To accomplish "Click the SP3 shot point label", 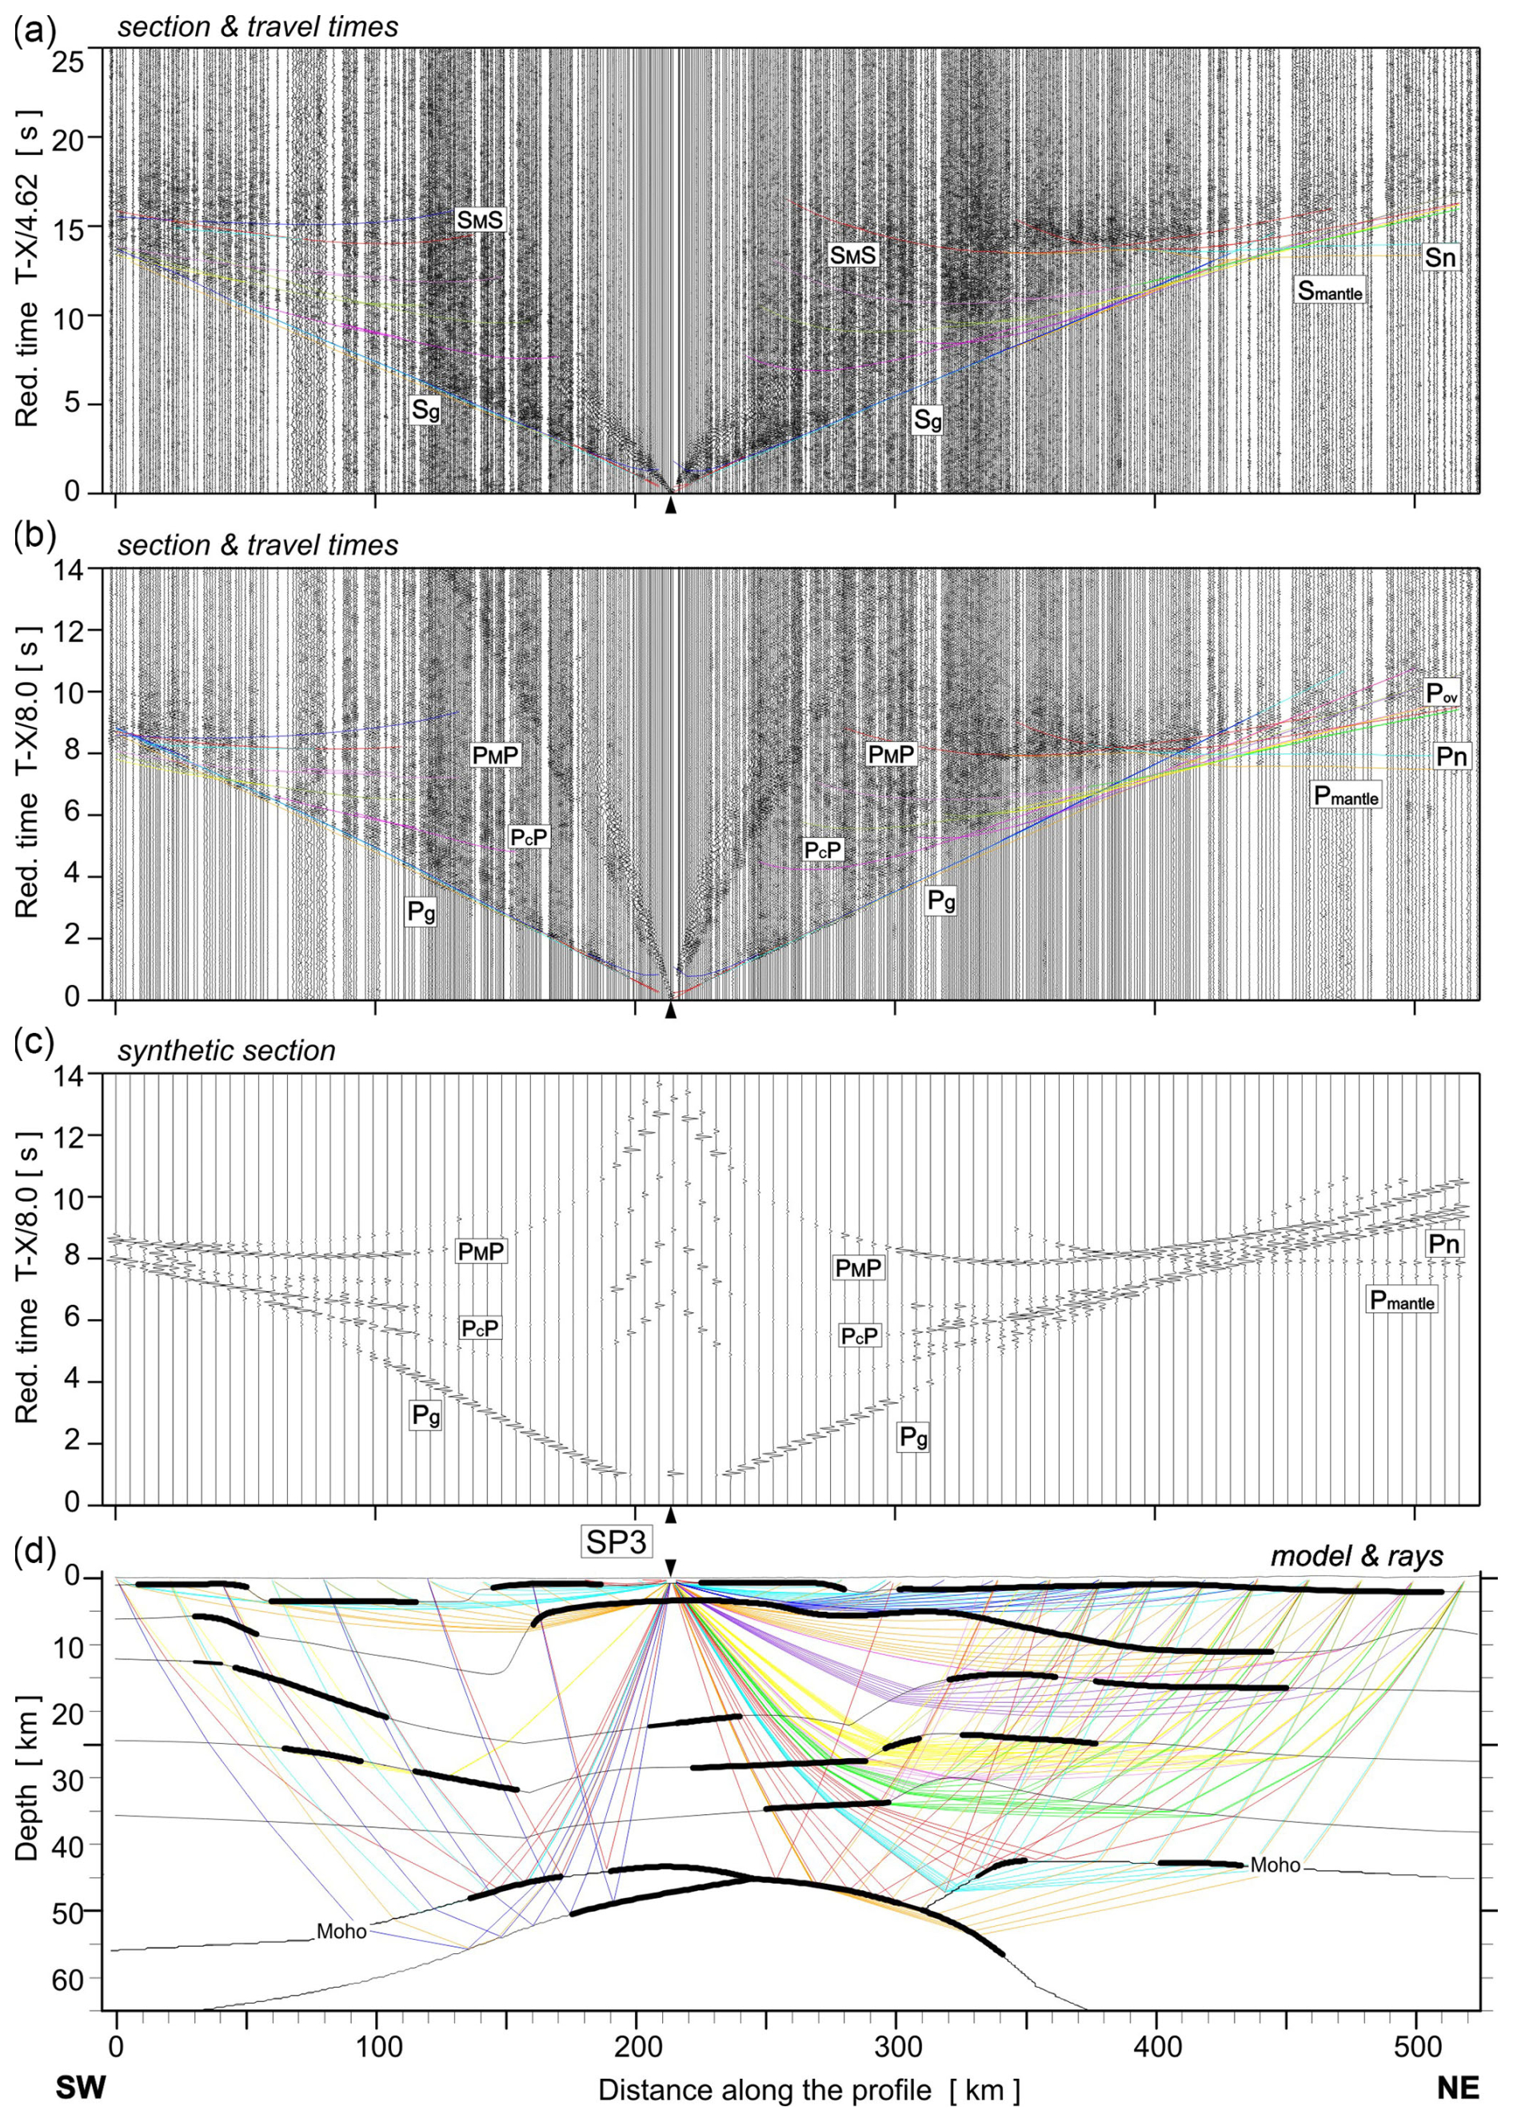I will point(616,1542).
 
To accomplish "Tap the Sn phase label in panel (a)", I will point(1439,257).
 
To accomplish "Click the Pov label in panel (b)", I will point(1441,692).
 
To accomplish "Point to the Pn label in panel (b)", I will point(1451,756).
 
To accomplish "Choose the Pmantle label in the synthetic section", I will point(1401,1299).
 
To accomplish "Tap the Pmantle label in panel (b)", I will point(1345,795).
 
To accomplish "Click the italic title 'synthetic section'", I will point(226,1051).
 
